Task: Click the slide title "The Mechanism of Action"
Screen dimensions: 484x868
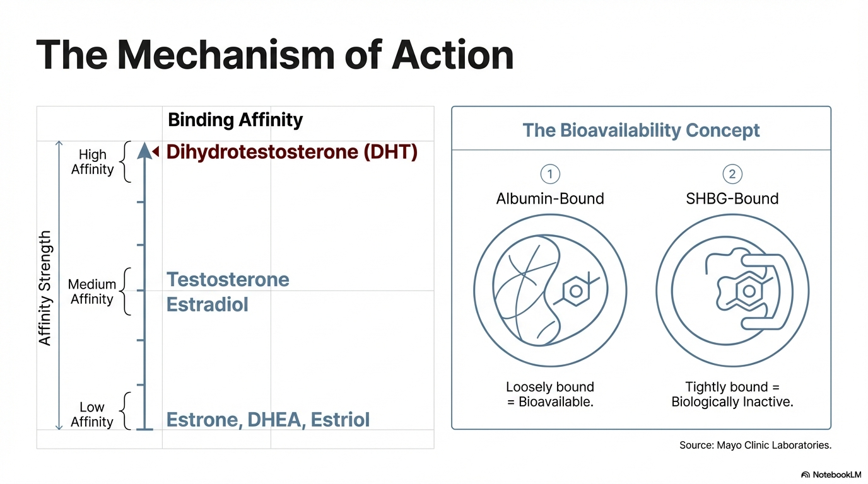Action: tap(274, 55)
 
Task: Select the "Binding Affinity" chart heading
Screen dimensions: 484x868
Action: tap(235, 120)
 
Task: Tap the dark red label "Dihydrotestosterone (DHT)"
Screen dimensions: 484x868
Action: tap(291, 152)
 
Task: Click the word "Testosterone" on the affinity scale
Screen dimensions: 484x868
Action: tap(228, 279)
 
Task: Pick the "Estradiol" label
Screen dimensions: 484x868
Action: tap(207, 304)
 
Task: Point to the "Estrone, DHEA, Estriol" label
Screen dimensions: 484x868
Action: tap(267, 420)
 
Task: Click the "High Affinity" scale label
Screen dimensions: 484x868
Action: tap(92, 162)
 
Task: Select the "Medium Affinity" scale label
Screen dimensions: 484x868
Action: tap(92, 292)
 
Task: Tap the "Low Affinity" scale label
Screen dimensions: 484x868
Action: tap(92, 415)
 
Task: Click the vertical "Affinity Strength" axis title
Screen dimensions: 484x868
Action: tap(45, 288)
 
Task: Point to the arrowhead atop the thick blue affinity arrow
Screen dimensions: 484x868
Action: tap(145, 151)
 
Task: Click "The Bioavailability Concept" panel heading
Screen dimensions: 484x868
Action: tap(641, 130)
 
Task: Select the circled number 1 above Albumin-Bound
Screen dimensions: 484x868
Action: tap(550, 174)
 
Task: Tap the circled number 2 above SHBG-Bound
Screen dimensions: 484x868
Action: tap(732, 174)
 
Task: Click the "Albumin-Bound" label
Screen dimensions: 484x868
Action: tap(550, 199)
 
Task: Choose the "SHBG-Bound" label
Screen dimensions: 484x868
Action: tap(732, 199)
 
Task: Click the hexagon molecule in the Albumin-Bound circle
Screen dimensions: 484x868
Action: tap(576, 291)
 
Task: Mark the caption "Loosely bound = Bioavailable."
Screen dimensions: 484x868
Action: tap(550, 394)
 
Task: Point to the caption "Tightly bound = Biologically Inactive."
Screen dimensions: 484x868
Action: tap(732, 394)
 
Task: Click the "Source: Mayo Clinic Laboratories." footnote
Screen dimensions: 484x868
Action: tap(755, 445)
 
